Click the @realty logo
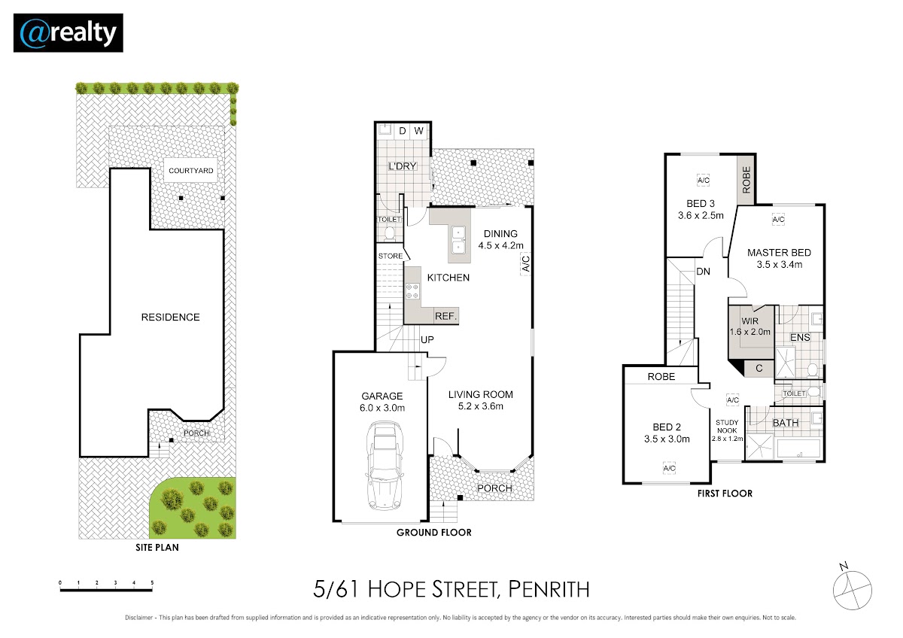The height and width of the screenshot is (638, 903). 68,33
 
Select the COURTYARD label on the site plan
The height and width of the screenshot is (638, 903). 191,171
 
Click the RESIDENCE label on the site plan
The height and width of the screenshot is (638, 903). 171,317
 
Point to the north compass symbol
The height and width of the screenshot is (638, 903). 852,589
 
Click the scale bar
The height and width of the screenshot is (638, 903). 106,590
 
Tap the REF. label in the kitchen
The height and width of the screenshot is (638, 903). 445,317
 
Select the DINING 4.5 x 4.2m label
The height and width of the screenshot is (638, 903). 500,239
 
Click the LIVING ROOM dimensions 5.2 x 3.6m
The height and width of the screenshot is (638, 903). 481,406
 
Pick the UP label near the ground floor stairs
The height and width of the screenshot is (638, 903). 427,340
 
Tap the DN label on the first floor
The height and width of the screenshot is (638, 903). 703,272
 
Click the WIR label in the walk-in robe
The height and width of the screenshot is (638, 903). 749,321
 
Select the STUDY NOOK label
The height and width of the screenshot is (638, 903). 727,427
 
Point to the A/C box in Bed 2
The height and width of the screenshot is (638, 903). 669,468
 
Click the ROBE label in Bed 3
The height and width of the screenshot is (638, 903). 746,180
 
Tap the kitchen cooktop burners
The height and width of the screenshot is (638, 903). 412,291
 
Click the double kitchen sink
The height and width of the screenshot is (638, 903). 458,240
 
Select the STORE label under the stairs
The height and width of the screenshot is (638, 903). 391,257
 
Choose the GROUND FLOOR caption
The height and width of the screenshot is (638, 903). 433,533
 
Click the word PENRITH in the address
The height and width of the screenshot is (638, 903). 549,589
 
